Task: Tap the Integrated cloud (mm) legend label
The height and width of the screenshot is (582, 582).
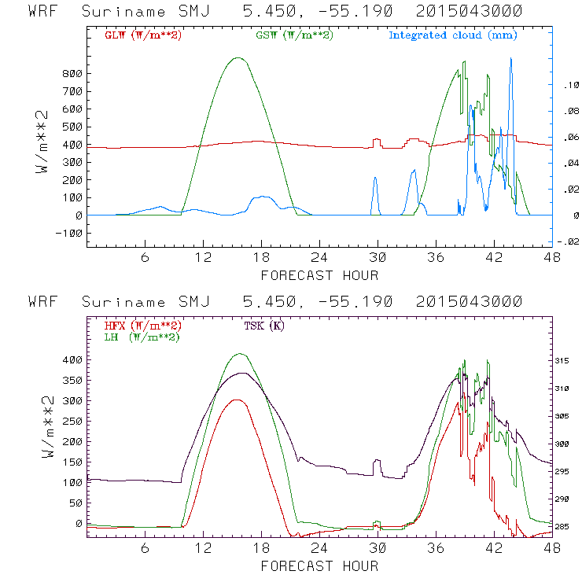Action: pos(452,35)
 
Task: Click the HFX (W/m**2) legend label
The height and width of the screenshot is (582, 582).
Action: pos(142,326)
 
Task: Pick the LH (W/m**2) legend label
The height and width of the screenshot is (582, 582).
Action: pos(141,337)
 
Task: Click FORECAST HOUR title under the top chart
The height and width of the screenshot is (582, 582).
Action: pos(319,274)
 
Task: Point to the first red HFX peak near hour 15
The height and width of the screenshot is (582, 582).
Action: pos(236,400)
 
